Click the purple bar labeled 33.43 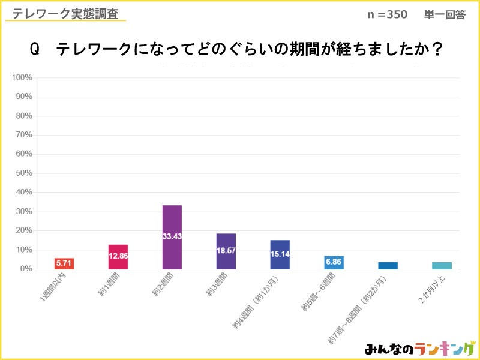click(172, 237)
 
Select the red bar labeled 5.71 click(64, 263)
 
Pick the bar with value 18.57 click(226, 251)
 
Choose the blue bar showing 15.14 click(280, 254)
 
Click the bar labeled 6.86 click(334, 263)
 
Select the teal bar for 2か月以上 click(442, 265)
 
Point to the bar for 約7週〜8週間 click(388, 265)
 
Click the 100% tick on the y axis click(22, 77)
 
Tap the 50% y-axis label click(24, 173)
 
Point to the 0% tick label click(26, 269)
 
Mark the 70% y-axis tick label click(24, 135)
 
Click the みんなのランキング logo click(418, 348)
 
